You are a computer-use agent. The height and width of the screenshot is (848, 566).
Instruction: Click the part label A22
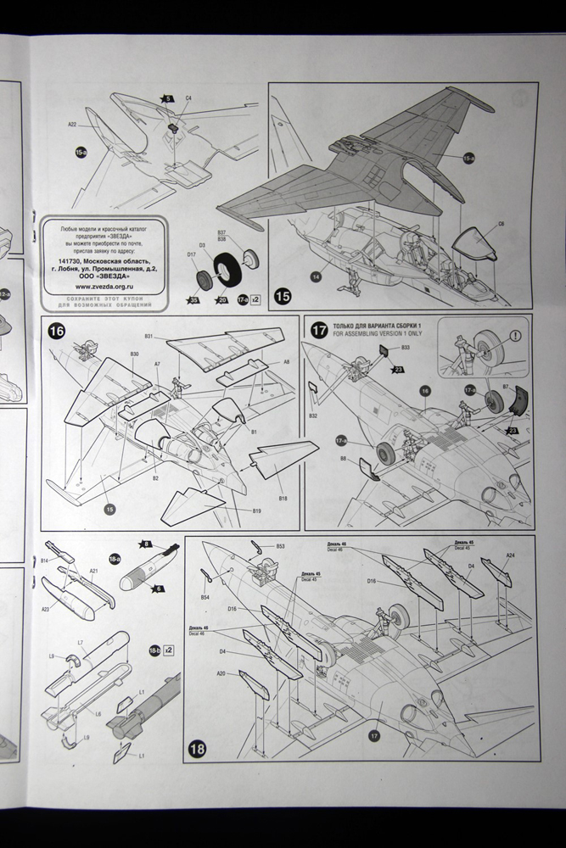pyautogui.click(x=73, y=126)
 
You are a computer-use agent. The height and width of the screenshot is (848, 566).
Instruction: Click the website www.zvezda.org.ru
pyautogui.click(x=102, y=286)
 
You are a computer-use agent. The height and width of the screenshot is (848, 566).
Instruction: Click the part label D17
pyautogui.click(x=192, y=254)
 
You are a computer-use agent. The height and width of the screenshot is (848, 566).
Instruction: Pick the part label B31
pyautogui.click(x=149, y=337)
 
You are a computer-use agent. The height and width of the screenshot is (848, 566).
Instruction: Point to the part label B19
pyautogui.click(x=256, y=511)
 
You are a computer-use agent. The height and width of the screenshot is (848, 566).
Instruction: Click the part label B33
pyautogui.click(x=405, y=348)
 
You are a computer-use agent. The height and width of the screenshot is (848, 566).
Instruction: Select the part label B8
pyautogui.click(x=343, y=458)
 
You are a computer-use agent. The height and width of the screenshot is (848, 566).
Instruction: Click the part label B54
pyautogui.click(x=205, y=598)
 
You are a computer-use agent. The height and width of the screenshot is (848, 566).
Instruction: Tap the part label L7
pyautogui.click(x=80, y=643)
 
